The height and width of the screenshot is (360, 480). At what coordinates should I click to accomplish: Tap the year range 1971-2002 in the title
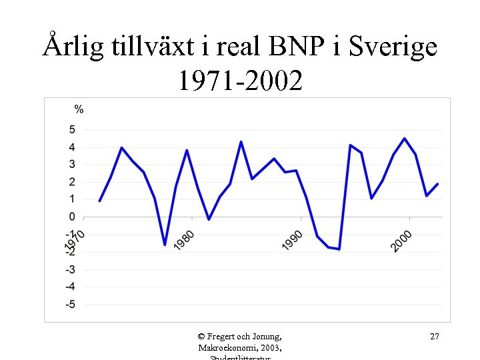tap(240, 81)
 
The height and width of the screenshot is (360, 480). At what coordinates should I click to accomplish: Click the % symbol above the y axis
tap(79, 109)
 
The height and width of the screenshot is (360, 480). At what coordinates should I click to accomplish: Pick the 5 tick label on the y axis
tap(72, 129)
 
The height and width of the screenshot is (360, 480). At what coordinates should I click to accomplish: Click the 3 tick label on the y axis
tap(72, 165)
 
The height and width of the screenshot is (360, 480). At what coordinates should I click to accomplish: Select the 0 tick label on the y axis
tap(72, 217)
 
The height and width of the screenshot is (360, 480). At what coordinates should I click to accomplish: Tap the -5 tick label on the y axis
tap(70, 305)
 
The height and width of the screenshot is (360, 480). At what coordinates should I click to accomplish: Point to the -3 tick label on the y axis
tap(70, 270)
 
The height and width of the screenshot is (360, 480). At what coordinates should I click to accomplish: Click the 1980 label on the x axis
tap(185, 241)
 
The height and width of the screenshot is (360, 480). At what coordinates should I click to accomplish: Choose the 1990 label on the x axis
tap(293, 241)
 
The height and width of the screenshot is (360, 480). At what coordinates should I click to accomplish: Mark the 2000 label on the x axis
tap(401, 241)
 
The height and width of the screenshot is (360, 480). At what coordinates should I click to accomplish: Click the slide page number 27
tap(434, 337)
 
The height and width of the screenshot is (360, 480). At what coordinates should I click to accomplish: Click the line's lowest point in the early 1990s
tap(339, 249)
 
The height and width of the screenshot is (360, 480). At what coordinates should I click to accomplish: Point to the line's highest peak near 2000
tap(405, 139)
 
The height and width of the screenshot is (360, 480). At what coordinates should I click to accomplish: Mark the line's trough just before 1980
tap(165, 245)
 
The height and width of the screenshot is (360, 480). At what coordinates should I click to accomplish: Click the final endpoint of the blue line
tap(437, 184)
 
